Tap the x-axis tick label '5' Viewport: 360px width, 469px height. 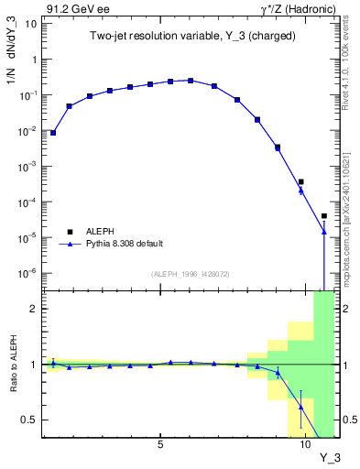point(160,444)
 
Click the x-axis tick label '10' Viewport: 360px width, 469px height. point(306,444)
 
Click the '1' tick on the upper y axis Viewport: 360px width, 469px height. point(35,60)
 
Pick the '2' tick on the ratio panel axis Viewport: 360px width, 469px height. point(35,309)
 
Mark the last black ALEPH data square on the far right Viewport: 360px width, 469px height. point(324,216)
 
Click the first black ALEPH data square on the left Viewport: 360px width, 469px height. point(53,133)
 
